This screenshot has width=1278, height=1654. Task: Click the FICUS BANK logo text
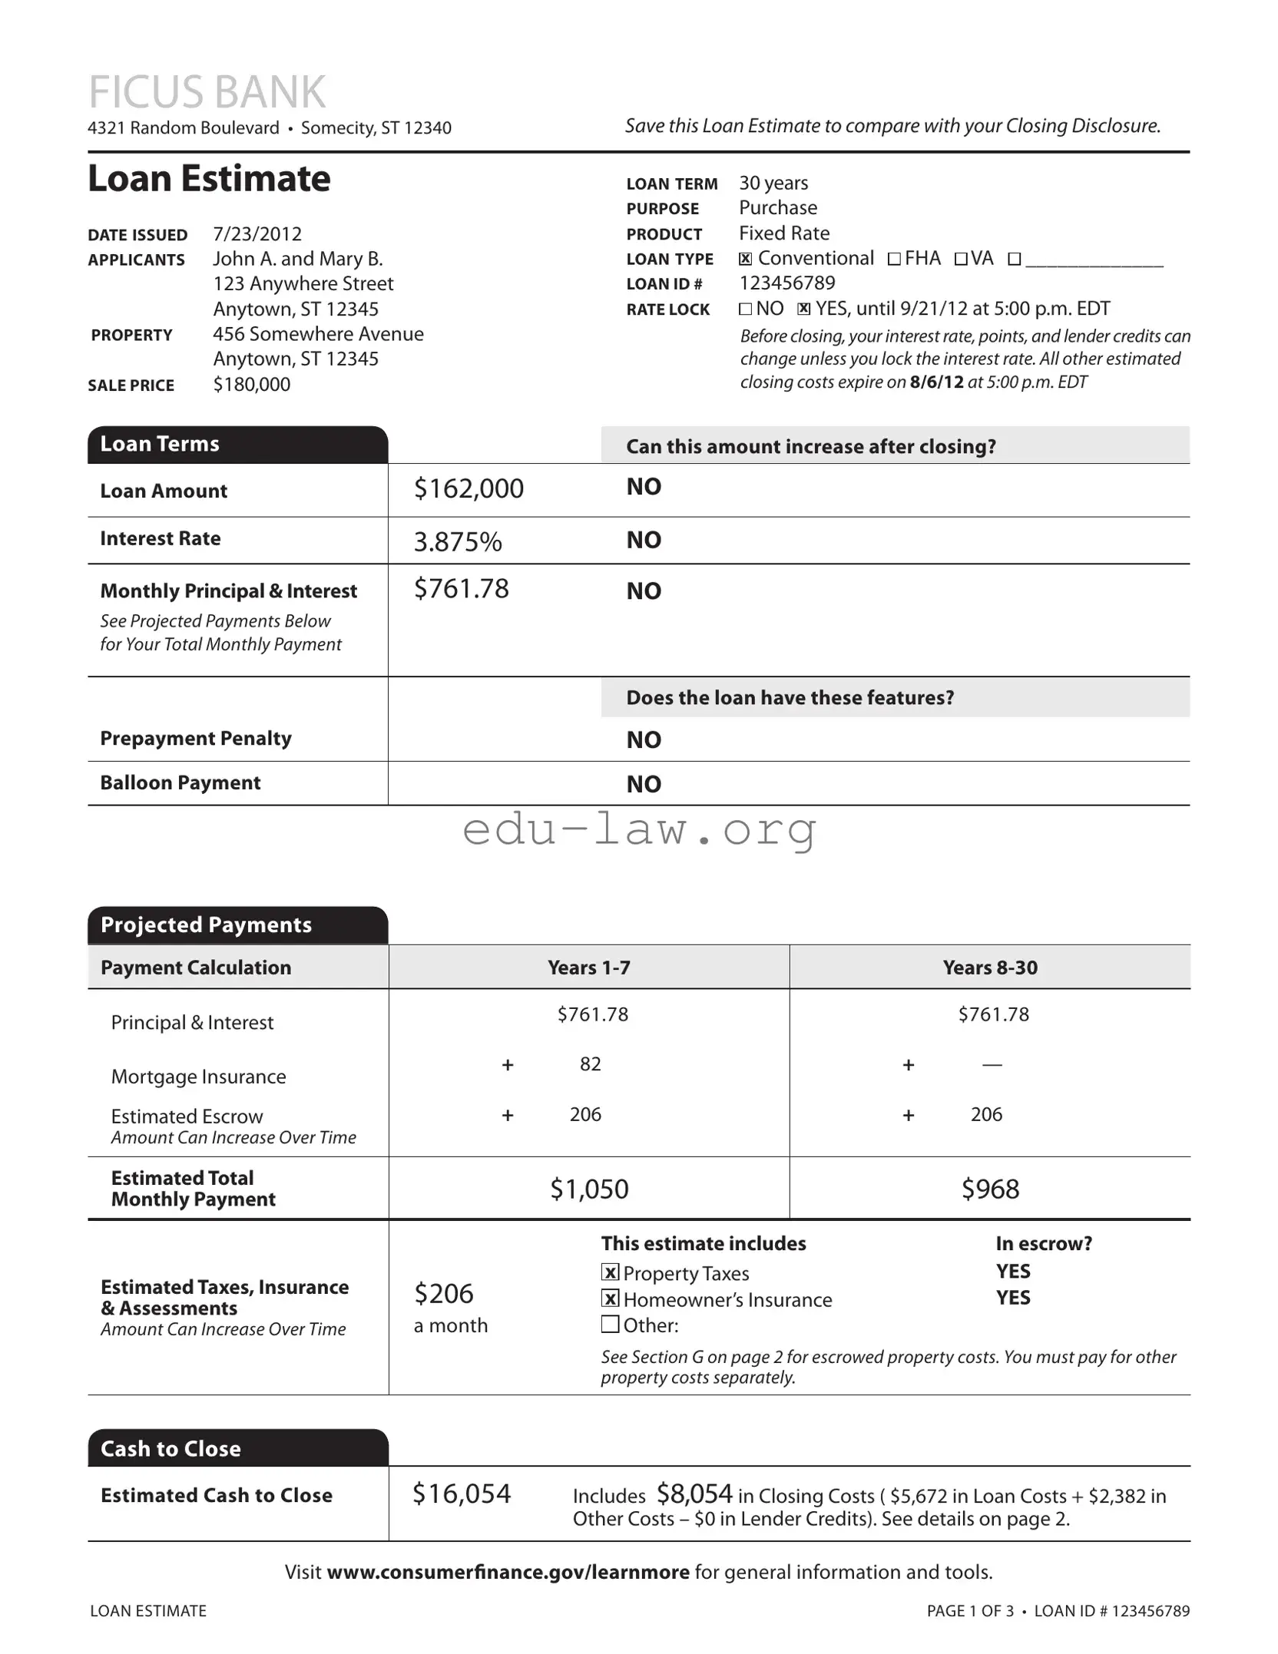click(x=207, y=92)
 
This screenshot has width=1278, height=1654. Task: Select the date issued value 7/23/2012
click(x=257, y=233)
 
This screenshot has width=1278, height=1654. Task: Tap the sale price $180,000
click(x=251, y=384)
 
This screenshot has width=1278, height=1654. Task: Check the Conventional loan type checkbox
click(x=745, y=260)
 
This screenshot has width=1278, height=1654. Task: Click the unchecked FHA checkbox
click(x=894, y=260)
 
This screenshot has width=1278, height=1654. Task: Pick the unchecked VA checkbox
click(x=961, y=260)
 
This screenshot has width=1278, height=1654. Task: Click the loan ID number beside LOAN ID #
click(x=786, y=283)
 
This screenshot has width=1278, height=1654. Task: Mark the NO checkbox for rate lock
click(x=745, y=309)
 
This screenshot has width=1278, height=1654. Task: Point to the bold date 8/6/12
click(x=936, y=382)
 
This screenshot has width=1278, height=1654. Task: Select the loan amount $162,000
click(x=468, y=488)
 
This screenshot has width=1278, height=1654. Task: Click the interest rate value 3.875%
click(x=458, y=542)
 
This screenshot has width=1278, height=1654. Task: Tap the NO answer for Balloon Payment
click(x=644, y=784)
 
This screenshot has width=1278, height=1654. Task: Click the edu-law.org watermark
click(x=639, y=830)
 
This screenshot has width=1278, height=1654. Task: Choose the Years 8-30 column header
click(x=990, y=968)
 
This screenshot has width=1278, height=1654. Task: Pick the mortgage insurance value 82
click(x=590, y=1064)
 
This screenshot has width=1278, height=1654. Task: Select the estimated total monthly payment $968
click(x=990, y=1189)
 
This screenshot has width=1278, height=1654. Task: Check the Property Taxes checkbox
click(x=610, y=1272)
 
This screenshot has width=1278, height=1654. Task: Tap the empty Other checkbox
click(x=610, y=1324)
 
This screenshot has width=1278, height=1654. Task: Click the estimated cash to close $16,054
click(x=462, y=1494)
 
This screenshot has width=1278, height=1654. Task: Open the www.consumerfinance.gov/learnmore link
click(x=508, y=1572)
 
